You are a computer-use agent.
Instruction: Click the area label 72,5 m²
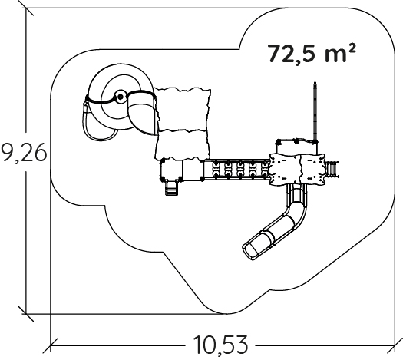coord(312,54)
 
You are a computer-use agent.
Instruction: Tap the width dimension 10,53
coord(220,345)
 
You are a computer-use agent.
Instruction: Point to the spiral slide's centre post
coord(120,97)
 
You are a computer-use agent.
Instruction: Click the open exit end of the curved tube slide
coord(250,250)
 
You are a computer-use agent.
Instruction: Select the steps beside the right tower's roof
coord(332,169)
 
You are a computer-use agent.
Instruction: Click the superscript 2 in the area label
coord(352,48)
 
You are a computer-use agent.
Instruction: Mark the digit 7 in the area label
coord(276,54)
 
